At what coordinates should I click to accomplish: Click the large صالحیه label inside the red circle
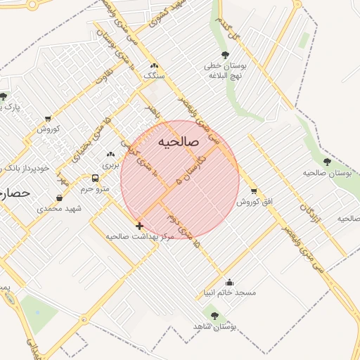[x=179, y=143]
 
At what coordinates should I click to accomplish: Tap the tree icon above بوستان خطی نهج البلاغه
[x=224, y=55]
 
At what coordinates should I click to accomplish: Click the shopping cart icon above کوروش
[x=47, y=119]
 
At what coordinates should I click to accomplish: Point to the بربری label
[x=111, y=166]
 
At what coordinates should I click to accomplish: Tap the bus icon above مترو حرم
[x=95, y=178]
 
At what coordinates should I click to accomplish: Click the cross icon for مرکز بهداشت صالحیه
[x=139, y=226]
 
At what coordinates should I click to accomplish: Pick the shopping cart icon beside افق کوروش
[x=253, y=191]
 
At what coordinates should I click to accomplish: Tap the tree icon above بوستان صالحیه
[x=326, y=162]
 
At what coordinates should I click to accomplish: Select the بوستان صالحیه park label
[x=327, y=172]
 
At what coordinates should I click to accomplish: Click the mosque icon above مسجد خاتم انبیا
[x=229, y=282]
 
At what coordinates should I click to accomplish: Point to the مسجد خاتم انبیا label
[x=236, y=292]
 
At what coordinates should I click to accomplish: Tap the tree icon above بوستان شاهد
[x=214, y=315]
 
